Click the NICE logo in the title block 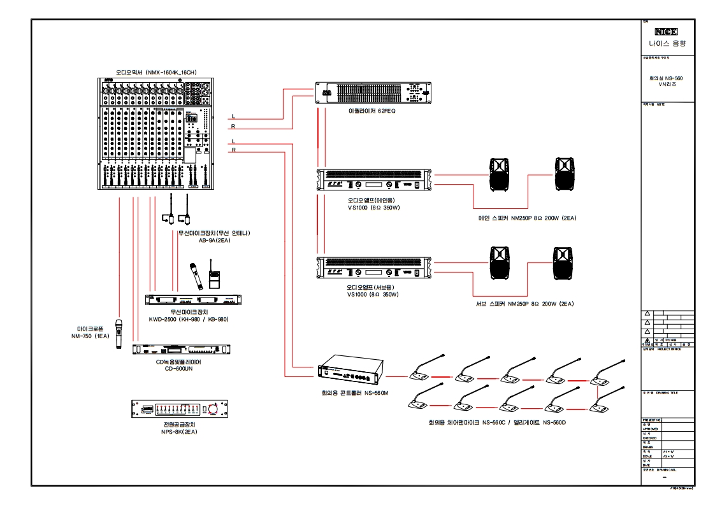[666, 32]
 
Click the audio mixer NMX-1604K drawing [156, 134]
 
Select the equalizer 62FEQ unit [373, 93]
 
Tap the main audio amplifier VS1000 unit [374, 180]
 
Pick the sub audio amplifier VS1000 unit [374, 267]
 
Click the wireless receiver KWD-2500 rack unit [194, 301]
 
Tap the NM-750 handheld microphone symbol [119, 334]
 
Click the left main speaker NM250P [500, 174]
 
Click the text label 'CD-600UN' [179, 368]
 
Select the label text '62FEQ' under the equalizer [387, 111]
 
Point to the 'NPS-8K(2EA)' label [179, 431]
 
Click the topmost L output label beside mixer [234, 117]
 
